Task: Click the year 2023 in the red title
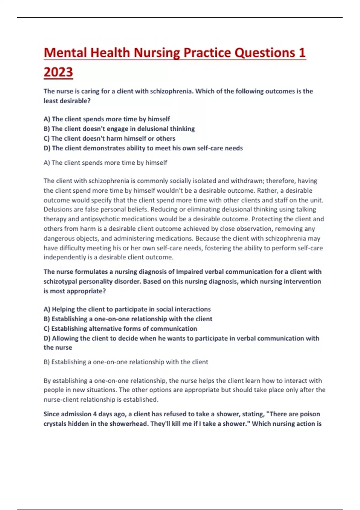58,72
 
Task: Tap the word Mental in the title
65,53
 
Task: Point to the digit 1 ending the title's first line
302,53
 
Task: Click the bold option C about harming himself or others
109,139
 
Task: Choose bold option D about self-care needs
143,148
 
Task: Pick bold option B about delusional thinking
119,129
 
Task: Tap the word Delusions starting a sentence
56,209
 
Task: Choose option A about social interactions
127,309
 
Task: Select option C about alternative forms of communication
120,328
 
